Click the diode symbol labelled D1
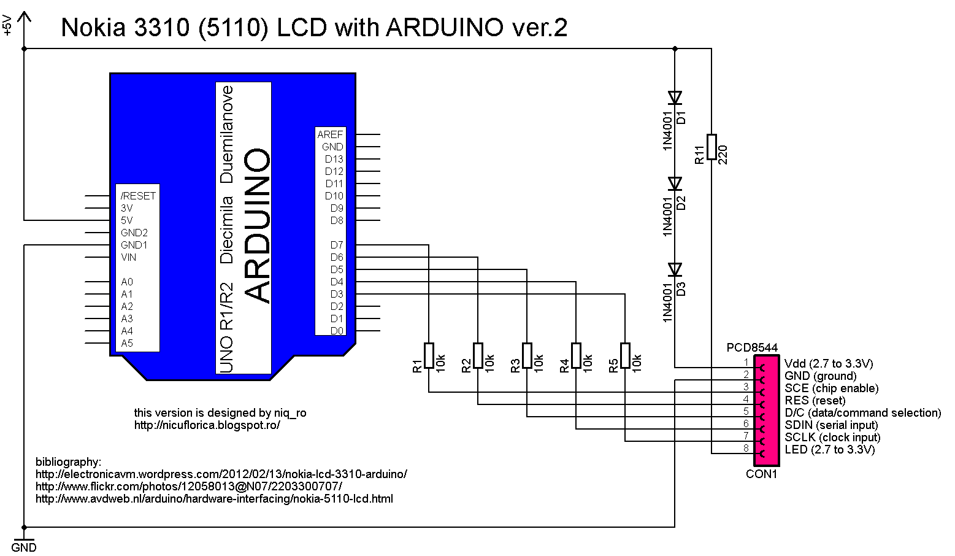(675, 98)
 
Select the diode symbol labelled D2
(675, 183)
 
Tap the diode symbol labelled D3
(675, 269)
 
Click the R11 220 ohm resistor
(711, 147)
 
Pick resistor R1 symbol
(429, 355)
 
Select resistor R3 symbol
(527, 355)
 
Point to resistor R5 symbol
(625, 355)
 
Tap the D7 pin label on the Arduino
(337, 245)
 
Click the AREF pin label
(330, 134)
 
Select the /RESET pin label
(139, 196)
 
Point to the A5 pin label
(127, 343)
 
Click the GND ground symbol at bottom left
(24, 542)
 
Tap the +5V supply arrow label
(7, 26)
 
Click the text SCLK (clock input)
(832, 438)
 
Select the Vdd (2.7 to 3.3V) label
(829, 363)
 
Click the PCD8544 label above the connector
(752, 348)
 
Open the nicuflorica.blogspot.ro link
(207, 425)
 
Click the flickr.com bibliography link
(189, 487)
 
